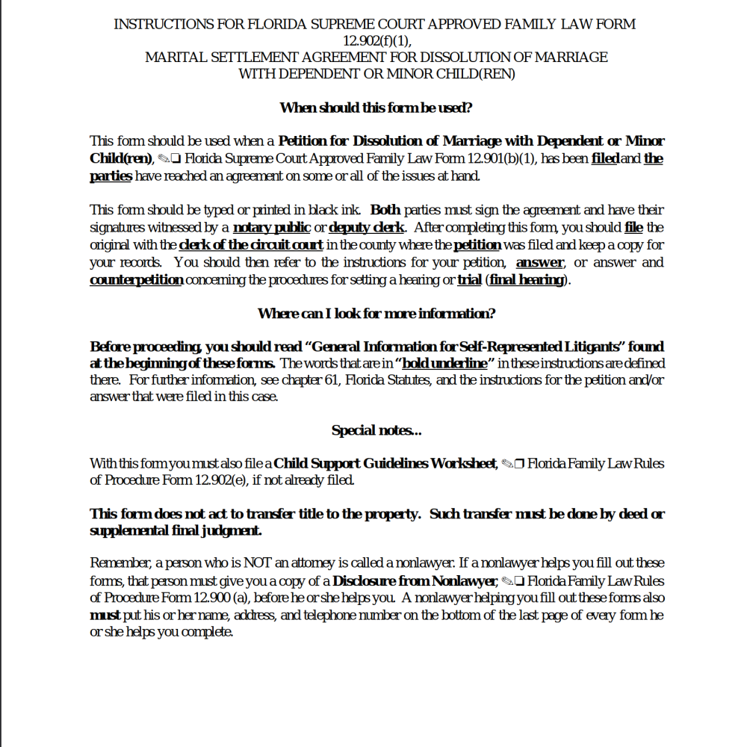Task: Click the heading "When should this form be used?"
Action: pyautogui.click(x=376, y=108)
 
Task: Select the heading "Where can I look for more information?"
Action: pyautogui.click(x=376, y=314)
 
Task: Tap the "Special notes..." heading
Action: pyautogui.click(x=376, y=430)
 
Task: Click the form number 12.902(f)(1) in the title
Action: pyautogui.click(x=376, y=40)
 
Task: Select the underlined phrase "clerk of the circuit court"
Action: pyautogui.click(x=251, y=245)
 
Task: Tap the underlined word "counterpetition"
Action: pyautogui.click(x=136, y=280)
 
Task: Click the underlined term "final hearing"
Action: pyautogui.click(x=527, y=280)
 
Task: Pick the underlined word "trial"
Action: pyautogui.click(x=469, y=280)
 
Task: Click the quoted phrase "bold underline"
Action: pyautogui.click(x=444, y=364)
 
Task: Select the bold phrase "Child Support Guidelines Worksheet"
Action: pyautogui.click(x=384, y=464)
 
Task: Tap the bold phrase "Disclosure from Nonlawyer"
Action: pyautogui.click(x=415, y=581)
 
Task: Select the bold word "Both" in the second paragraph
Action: pyautogui.click(x=385, y=210)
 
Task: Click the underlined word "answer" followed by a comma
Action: pyautogui.click(x=539, y=262)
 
